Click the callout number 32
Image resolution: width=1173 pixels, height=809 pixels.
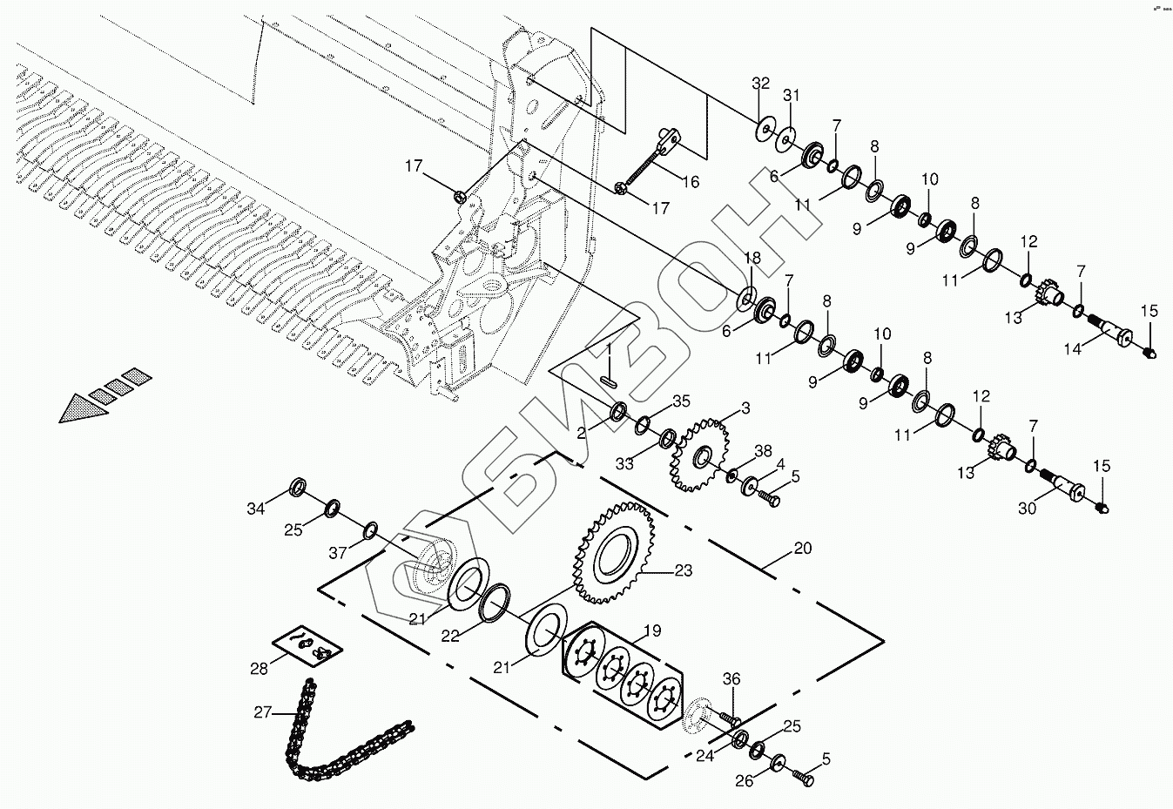[x=761, y=84]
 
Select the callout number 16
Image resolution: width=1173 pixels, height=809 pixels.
[x=690, y=182]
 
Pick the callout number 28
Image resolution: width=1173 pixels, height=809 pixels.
[x=259, y=668]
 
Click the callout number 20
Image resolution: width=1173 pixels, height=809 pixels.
[x=802, y=548]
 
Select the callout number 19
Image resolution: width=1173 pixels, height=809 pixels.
[x=652, y=630]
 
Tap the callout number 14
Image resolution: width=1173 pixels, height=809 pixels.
[x=1073, y=348]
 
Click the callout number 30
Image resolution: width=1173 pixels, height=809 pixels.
[x=1028, y=509]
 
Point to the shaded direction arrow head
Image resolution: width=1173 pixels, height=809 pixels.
[x=84, y=409]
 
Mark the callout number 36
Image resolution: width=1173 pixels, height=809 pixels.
[x=731, y=679]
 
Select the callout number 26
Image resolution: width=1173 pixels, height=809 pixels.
[x=744, y=781]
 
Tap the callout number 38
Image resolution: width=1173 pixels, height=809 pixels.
[x=763, y=451]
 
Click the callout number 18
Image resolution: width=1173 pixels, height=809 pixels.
[x=752, y=259]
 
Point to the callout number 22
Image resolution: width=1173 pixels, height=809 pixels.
[x=449, y=637]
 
